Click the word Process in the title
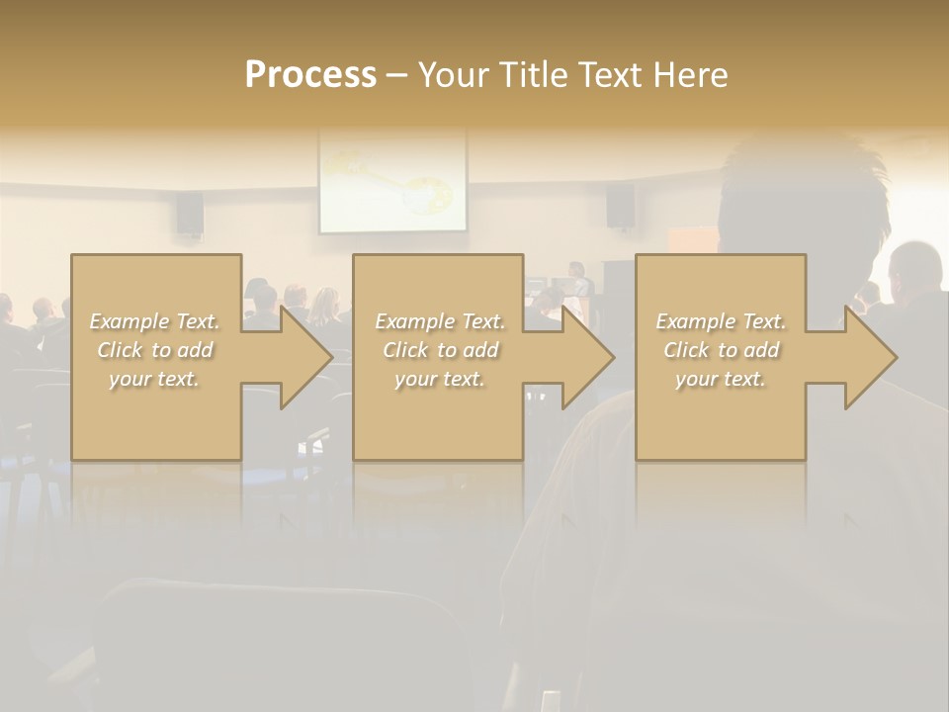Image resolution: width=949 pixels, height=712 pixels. point(310,74)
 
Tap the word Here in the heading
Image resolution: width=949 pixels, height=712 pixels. point(689,74)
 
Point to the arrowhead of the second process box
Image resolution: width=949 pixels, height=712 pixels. point(585,357)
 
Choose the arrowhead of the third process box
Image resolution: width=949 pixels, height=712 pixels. point(868,357)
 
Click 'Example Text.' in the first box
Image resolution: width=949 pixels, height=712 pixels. point(155,321)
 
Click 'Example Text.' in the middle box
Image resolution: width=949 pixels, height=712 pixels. point(440,321)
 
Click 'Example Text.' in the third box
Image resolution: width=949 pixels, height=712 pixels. point(721,321)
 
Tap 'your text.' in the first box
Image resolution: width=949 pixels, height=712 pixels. point(155,379)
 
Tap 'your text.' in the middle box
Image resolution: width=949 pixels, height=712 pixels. point(440,379)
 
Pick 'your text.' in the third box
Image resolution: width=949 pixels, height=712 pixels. point(721,379)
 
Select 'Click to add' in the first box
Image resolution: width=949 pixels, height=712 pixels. point(155,350)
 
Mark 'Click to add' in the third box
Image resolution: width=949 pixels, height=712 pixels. point(721,350)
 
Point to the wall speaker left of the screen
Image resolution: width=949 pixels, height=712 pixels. point(190,213)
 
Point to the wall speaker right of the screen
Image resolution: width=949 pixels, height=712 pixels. point(620,206)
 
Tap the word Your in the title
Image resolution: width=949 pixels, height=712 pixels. point(452,74)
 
